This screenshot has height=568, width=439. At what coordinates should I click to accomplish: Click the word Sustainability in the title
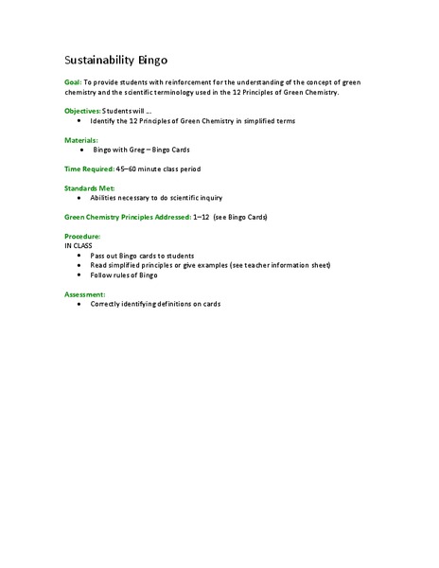pos(97,59)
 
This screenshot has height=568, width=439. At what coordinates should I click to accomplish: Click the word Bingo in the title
pos(151,59)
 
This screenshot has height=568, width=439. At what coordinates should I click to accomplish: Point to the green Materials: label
pos(80,140)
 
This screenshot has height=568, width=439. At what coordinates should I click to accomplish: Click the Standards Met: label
pos(88,188)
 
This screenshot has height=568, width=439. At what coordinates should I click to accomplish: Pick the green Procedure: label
pos(82,236)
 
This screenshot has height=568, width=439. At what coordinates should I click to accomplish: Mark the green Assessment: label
pos(85,294)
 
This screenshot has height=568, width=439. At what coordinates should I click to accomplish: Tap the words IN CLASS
pos(79,245)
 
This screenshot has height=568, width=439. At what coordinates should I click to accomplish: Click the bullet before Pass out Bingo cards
pos(79,256)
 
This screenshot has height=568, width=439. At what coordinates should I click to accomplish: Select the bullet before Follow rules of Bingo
pos(79,275)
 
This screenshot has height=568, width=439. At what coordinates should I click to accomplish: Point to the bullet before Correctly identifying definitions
pos(79,305)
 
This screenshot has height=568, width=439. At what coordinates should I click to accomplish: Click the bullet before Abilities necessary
pos(79,199)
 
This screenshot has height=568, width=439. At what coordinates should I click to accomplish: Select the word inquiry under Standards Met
pos(213,198)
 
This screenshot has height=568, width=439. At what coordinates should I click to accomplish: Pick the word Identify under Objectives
pos(102,121)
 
